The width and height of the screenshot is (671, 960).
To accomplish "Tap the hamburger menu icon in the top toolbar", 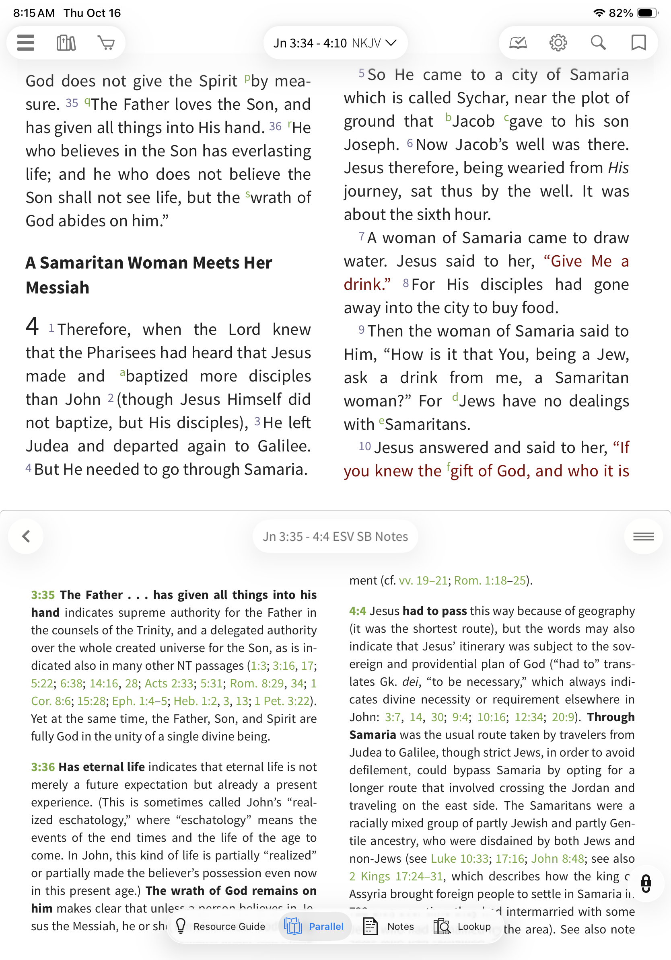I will [x=25, y=43].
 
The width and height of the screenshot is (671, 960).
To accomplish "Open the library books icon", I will [x=66, y=43].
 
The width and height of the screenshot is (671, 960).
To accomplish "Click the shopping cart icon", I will [x=106, y=43].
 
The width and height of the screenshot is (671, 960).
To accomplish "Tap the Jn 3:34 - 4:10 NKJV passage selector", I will [x=335, y=43].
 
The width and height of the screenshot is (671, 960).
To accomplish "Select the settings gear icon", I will [x=558, y=43].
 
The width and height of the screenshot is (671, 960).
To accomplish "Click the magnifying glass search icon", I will [x=598, y=43].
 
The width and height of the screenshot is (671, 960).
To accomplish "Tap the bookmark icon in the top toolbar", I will [x=638, y=43].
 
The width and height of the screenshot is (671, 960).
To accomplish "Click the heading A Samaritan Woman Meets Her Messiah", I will [x=148, y=275].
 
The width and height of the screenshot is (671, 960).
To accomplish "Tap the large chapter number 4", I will [x=32, y=326].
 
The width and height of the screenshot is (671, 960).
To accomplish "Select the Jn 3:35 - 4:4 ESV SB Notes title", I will [x=335, y=536].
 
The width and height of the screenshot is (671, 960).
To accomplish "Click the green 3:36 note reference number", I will [x=43, y=767].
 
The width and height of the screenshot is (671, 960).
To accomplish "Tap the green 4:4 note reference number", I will [x=358, y=611].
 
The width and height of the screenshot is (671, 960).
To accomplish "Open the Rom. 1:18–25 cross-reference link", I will [x=490, y=581].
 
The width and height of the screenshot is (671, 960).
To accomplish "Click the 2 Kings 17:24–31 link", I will [x=396, y=876].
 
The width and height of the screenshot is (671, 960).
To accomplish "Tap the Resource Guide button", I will [x=221, y=927].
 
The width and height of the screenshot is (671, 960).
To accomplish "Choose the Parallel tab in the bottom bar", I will [x=315, y=927].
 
